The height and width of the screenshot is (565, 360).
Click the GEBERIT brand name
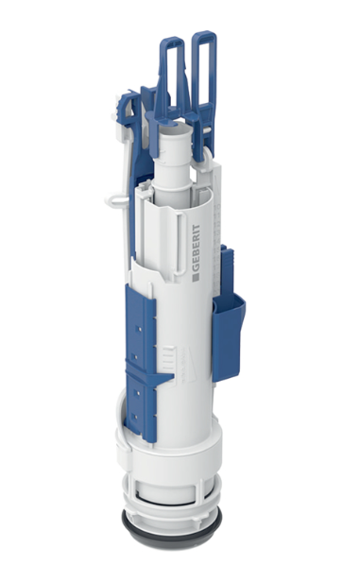[195, 248]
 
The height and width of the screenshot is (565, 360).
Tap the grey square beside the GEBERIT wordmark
[195, 277]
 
